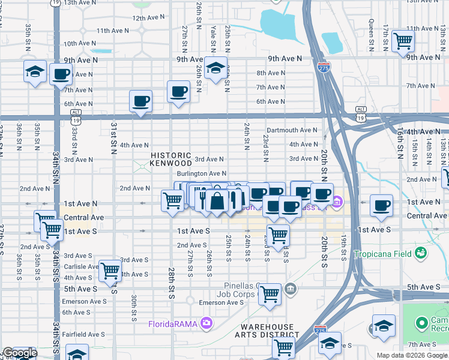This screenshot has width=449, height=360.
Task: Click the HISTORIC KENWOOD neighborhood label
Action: coord(171,159)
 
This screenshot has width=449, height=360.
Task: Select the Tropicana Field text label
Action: coord(382,254)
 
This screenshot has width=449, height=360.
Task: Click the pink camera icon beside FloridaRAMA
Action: coord(207,324)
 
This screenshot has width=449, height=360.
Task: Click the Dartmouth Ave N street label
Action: coord(292,130)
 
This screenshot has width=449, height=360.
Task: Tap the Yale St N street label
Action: coord(212,35)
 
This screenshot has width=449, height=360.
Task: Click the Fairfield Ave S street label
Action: coord(84,334)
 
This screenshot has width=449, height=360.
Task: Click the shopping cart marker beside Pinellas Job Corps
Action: coord(270,294)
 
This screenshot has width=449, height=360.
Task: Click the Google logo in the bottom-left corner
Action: coord(19,353)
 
